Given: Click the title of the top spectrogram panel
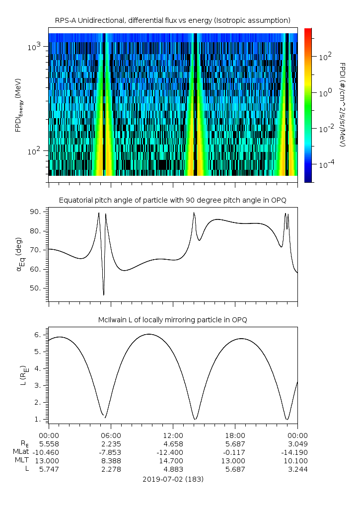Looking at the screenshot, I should pyautogui.click(x=173, y=20).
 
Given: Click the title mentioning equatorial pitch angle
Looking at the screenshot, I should pyautogui.click(x=173, y=200).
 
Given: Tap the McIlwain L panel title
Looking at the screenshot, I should pyautogui.click(x=173, y=320).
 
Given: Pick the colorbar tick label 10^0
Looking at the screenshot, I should pyautogui.click(x=325, y=93).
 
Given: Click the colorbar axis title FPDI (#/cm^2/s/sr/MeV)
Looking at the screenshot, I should pyautogui.click(x=343, y=104).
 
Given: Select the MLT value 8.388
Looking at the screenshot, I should pyautogui.click(x=111, y=461).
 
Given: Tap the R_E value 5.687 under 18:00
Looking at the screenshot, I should pyautogui.click(x=235, y=443).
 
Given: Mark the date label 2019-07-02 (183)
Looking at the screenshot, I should pyautogui.click(x=173, y=479).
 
